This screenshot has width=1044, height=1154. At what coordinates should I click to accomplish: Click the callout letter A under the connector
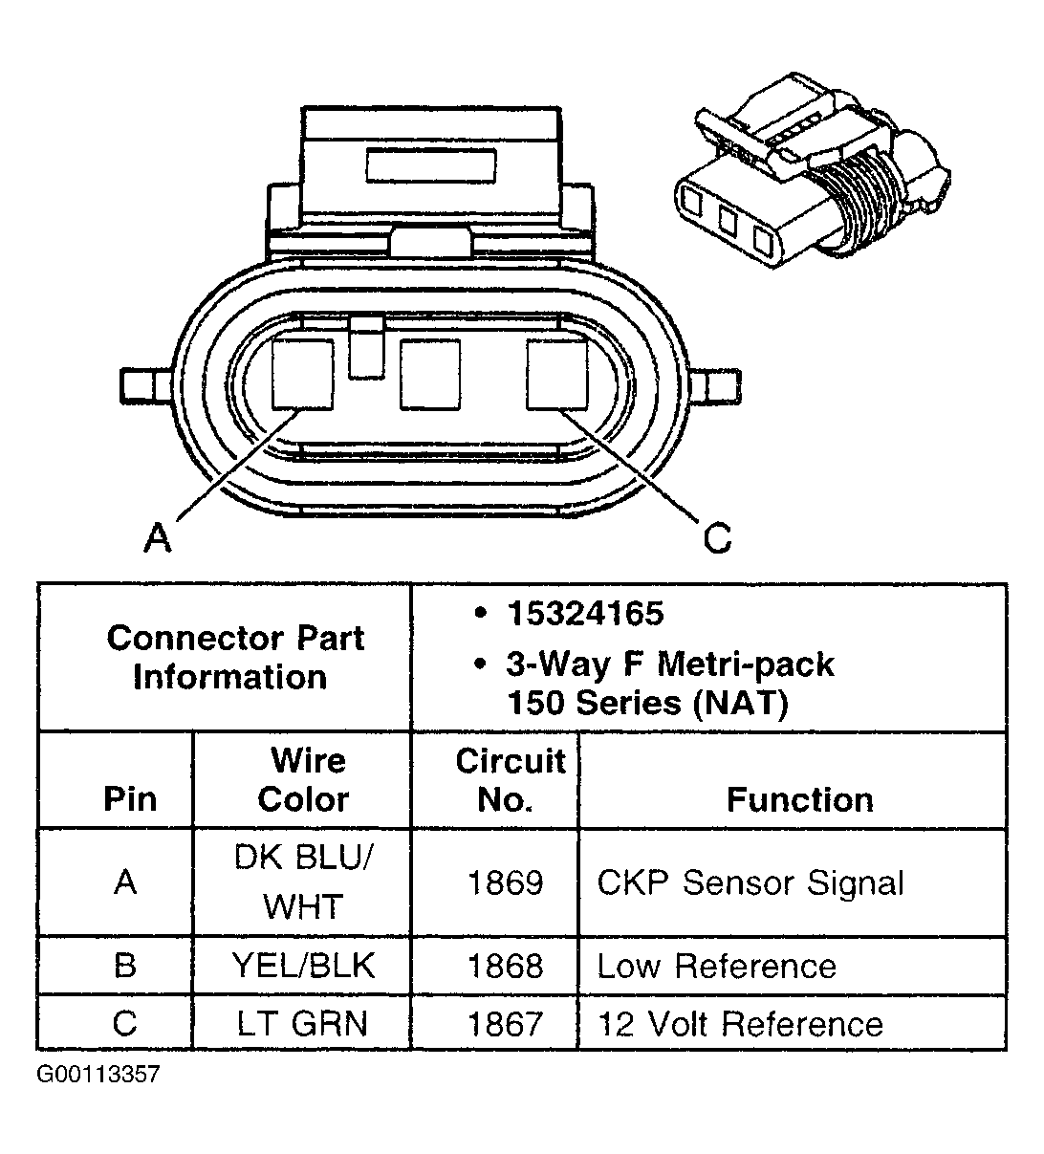click(158, 538)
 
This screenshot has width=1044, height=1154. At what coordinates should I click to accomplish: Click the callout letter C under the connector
click(717, 538)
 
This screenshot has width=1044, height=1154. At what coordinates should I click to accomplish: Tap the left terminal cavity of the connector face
click(303, 374)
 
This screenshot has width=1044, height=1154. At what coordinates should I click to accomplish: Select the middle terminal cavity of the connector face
click(430, 374)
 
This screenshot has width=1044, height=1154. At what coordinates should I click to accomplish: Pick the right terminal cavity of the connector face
click(556, 374)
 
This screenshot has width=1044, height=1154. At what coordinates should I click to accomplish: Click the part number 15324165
click(585, 614)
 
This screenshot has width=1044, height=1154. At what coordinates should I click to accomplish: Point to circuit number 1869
click(505, 882)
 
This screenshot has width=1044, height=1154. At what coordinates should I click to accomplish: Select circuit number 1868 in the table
click(505, 967)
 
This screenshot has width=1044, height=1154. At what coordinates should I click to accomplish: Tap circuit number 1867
click(505, 1024)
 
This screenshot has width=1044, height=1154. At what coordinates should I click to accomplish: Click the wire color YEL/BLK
click(303, 967)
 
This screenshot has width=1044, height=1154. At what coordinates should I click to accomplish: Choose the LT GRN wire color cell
click(303, 1024)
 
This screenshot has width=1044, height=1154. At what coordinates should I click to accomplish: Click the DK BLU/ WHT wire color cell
click(303, 882)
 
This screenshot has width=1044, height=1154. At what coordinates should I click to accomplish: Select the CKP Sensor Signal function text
click(750, 882)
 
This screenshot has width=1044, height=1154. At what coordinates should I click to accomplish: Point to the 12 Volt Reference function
click(740, 1024)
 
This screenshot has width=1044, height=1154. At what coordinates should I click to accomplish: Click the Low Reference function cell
click(717, 967)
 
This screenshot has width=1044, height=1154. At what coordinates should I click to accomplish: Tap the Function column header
click(799, 799)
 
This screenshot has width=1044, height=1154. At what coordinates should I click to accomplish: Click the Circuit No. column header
click(510, 780)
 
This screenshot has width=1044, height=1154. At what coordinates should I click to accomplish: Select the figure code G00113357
click(98, 1075)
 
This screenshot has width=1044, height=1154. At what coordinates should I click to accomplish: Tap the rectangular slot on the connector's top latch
click(430, 164)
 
